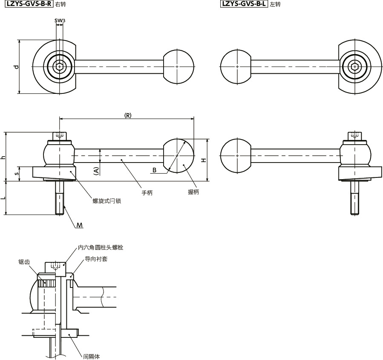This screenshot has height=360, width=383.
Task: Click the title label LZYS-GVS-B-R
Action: click(29, 4)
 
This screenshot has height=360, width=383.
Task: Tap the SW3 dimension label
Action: click(60, 20)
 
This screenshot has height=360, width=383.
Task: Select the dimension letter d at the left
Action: click(16, 67)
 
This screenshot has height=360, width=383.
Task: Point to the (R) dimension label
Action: click(127, 116)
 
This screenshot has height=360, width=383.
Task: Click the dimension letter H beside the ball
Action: click(204, 160)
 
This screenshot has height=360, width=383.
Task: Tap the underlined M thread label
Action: click(79, 224)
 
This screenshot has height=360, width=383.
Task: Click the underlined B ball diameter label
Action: click(155, 170)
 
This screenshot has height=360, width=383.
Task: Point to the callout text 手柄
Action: click(147, 193)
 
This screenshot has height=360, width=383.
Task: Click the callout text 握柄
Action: click(193, 192)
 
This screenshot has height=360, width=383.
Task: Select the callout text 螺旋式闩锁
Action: click(107, 200)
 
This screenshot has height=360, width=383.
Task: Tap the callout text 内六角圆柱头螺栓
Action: click(101, 247)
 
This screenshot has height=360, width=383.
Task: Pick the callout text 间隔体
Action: click(92, 356)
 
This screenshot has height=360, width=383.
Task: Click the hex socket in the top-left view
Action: click(59, 67)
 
